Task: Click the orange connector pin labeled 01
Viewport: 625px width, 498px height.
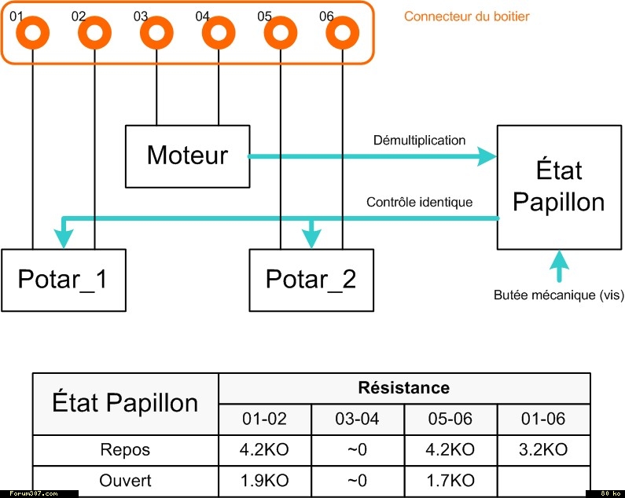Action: [x=33, y=34]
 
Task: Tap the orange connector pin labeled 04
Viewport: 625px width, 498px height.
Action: [x=218, y=34]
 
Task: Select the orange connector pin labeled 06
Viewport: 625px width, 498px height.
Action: [x=342, y=34]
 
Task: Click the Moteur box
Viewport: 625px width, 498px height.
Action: [x=187, y=156]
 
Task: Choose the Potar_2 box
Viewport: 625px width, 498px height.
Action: [x=311, y=279]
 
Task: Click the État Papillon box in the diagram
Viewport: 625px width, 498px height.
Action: [x=558, y=186]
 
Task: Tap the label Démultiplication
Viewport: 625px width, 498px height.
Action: [x=419, y=141]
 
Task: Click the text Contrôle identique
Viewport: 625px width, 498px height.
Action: [x=419, y=202]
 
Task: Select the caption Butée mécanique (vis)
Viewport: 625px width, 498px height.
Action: [x=558, y=295]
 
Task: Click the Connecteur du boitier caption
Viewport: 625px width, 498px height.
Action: [x=466, y=16]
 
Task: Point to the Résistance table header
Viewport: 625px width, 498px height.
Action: [x=403, y=388]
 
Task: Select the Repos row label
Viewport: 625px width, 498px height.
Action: [x=125, y=450]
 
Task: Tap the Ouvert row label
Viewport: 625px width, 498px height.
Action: [x=125, y=480]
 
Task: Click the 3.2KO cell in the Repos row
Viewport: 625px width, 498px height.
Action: [x=543, y=450]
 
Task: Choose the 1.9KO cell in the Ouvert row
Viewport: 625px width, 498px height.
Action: [x=264, y=480]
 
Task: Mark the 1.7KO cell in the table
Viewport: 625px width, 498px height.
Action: [x=450, y=480]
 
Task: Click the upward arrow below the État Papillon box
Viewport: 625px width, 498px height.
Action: [x=559, y=266]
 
